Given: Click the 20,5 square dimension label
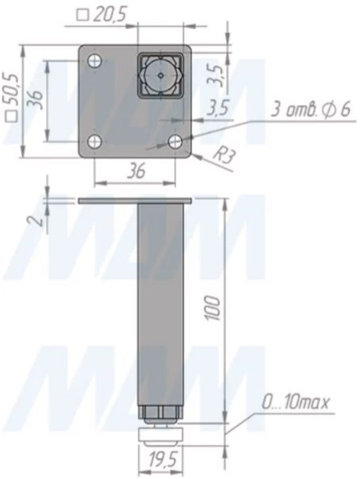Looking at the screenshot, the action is point(101,15).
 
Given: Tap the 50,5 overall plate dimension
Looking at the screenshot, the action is point(12,97).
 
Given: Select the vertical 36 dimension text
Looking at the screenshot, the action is point(37,99).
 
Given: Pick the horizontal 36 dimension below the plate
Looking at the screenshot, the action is point(136,171).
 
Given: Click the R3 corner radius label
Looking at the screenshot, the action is point(224,156).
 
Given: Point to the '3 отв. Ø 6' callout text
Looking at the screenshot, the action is point(311,109).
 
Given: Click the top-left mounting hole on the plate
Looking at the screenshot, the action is point(95,61).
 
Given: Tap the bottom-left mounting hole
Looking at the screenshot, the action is point(95,142).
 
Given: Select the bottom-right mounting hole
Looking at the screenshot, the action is point(175,142).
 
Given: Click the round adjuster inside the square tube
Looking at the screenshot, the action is point(161,75).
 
